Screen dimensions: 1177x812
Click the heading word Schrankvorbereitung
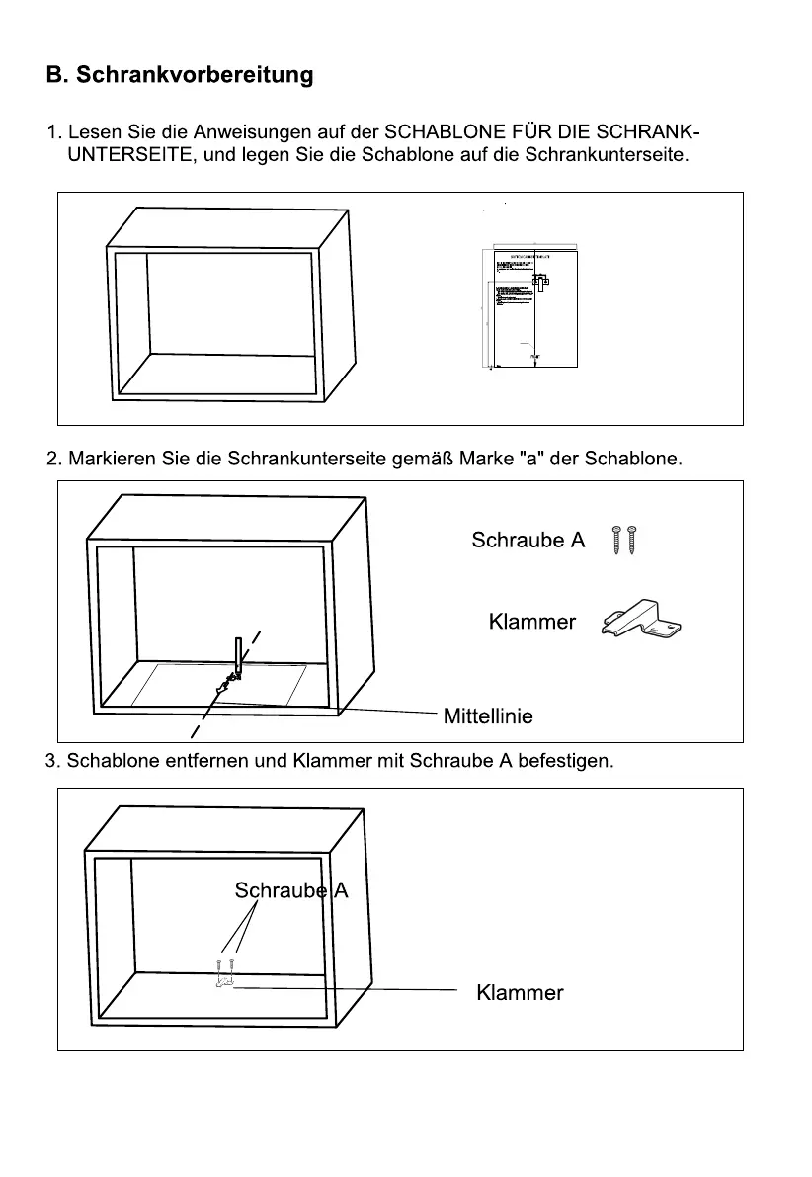(196, 75)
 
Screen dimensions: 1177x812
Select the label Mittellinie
(488, 715)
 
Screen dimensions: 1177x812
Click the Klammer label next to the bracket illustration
(531, 622)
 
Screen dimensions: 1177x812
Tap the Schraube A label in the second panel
(528, 540)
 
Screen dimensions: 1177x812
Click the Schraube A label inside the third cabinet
(290, 890)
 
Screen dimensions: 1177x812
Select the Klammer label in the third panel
(520, 992)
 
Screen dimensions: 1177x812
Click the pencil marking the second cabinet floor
(237, 656)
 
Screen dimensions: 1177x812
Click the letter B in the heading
(55, 75)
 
